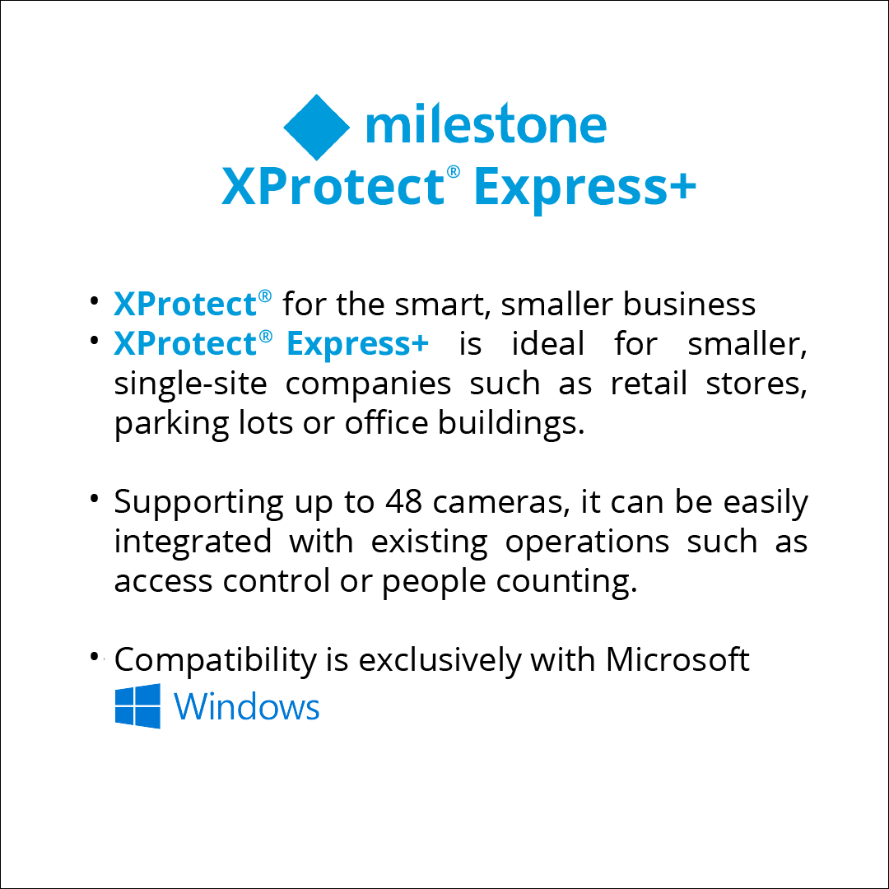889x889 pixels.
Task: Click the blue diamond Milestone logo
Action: coord(316,127)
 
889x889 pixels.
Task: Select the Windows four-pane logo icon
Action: coord(137,706)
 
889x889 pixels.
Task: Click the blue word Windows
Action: coord(247,706)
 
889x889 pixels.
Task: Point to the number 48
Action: coord(403,502)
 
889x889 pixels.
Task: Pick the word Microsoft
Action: coord(677,659)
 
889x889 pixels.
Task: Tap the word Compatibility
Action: coord(215,661)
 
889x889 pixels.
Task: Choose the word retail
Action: coord(649,384)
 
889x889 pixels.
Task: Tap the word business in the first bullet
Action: coord(689,304)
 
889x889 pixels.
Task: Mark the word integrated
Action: coord(193,542)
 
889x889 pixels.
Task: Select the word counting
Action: coord(566,583)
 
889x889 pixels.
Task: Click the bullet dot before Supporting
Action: coord(94,498)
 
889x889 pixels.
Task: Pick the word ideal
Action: coord(547,343)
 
